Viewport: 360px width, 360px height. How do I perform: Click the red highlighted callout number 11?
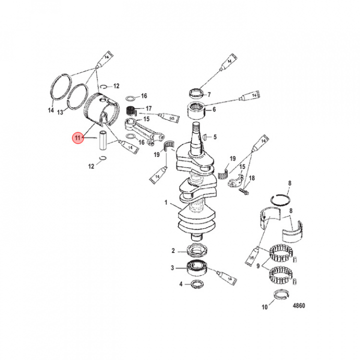pyautogui.click(x=77, y=138)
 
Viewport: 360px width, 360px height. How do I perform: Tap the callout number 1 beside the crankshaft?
pyautogui.click(x=166, y=202)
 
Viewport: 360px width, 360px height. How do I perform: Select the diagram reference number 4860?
pyautogui.click(x=299, y=305)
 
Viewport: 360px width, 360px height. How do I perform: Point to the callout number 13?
pyautogui.click(x=60, y=112)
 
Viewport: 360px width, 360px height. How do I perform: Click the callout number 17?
pyautogui.click(x=149, y=108)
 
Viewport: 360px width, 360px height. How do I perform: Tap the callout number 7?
pyautogui.click(x=209, y=94)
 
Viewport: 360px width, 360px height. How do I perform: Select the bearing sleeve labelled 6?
pyautogui.click(x=196, y=111)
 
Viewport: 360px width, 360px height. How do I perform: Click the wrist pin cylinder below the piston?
pyautogui.click(x=102, y=140)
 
